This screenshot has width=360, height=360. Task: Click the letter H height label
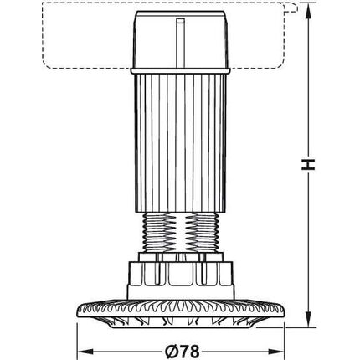click(x=308, y=165)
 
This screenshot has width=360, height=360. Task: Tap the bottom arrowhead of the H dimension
click(x=308, y=321)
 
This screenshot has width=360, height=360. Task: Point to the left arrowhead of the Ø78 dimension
click(x=85, y=352)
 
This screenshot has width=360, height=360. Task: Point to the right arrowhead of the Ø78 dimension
click(x=276, y=352)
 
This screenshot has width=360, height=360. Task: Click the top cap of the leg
click(x=180, y=39)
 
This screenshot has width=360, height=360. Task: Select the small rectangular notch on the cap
click(x=181, y=21)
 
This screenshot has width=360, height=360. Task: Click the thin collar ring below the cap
click(x=180, y=71)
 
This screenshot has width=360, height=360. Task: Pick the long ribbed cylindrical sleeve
click(x=180, y=143)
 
